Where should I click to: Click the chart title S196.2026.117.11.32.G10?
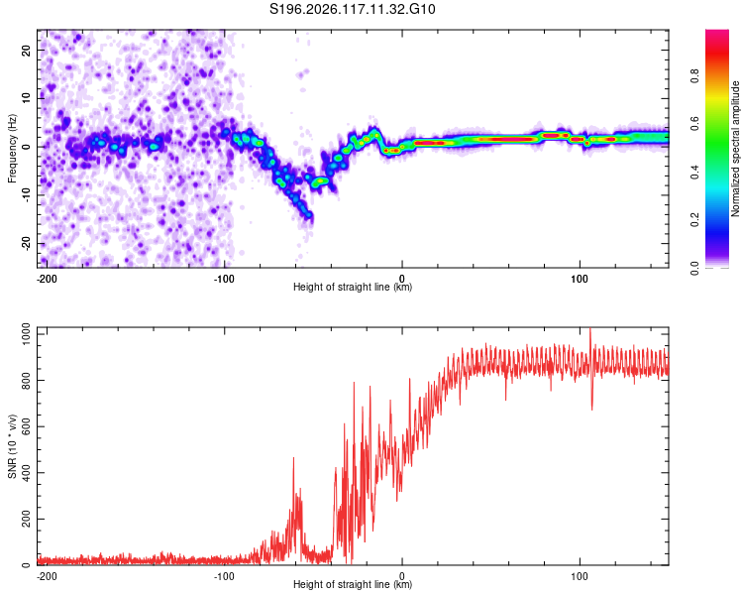(x=352, y=9)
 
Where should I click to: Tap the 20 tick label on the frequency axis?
(x=26, y=51)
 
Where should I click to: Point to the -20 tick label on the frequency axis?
(x=26, y=244)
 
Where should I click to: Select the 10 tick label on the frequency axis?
(x=26, y=98)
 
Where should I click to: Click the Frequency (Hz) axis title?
(x=12, y=149)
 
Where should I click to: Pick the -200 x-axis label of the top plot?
(x=47, y=279)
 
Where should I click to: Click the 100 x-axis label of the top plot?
(x=580, y=279)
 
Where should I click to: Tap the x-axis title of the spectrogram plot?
(x=353, y=287)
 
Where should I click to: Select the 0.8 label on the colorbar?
(x=694, y=76)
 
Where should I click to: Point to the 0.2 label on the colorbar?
(x=694, y=220)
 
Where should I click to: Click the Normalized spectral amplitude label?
(x=735, y=149)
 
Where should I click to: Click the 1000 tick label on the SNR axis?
(x=26, y=334)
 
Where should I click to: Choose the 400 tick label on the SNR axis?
(x=26, y=473)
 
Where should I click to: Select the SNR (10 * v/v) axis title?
(x=12, y=446)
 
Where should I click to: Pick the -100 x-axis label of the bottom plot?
(x=224, y=576)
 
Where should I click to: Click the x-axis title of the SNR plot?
(x=353, y=584)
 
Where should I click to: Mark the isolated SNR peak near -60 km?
(x=294, y=458)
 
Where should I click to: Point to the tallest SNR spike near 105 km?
(x=590, y=328)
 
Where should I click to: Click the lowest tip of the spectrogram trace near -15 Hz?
(x=309, y=217)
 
